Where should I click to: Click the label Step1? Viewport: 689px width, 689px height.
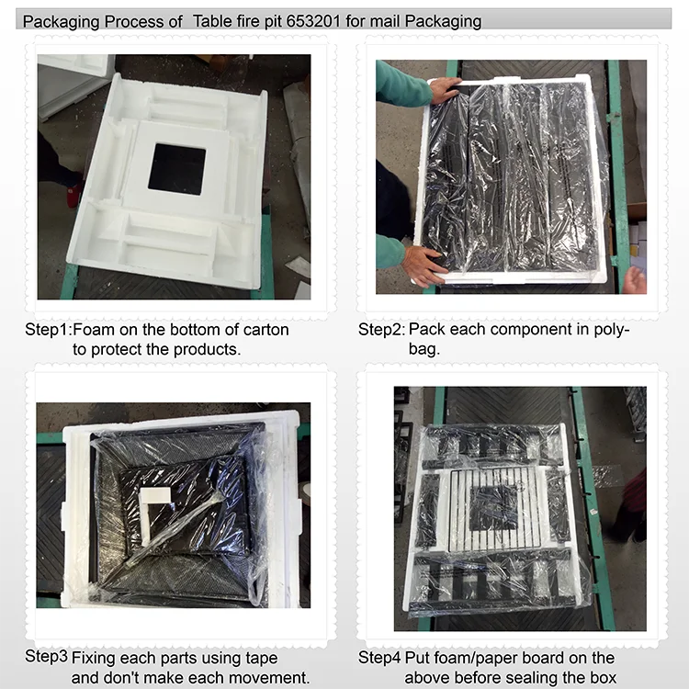pos(48,330)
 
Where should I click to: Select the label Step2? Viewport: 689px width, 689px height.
pos(381,330)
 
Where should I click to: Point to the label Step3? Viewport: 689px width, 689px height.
pos(46,657)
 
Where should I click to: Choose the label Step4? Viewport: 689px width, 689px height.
pos(379,658)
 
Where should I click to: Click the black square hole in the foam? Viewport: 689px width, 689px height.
pos(177,169)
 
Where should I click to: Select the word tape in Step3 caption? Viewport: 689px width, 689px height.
pos(262,659)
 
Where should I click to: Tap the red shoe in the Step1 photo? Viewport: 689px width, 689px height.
pos(74,196)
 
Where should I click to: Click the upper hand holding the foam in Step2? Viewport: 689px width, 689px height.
pos(446,90)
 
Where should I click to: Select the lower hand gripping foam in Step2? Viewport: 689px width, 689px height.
pos(423,266)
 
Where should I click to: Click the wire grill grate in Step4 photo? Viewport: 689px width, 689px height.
pos(493,509)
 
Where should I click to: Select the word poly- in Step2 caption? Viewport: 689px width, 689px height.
pos(612,330)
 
